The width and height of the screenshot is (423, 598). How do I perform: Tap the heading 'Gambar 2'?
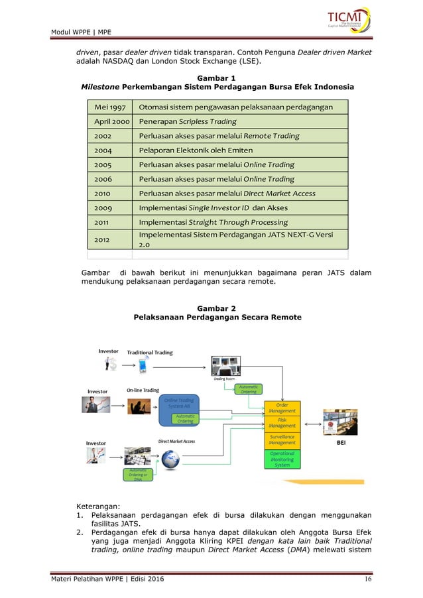point(217,308)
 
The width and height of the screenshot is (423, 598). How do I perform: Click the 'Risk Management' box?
point(282,423)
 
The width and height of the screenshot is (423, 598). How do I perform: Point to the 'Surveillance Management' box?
point(282,440)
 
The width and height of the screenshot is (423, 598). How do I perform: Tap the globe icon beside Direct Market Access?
point(170,459)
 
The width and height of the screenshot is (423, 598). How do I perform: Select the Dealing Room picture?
point(227,367)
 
